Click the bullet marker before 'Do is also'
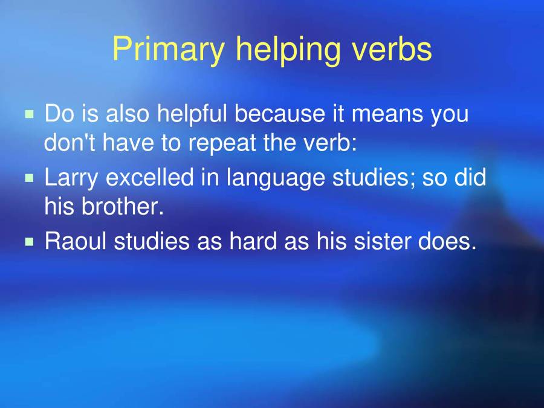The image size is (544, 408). point(30,114)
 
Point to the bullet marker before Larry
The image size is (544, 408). point(30,178)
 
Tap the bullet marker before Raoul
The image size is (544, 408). point(30,242)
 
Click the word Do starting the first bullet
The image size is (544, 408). point(59,114)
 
